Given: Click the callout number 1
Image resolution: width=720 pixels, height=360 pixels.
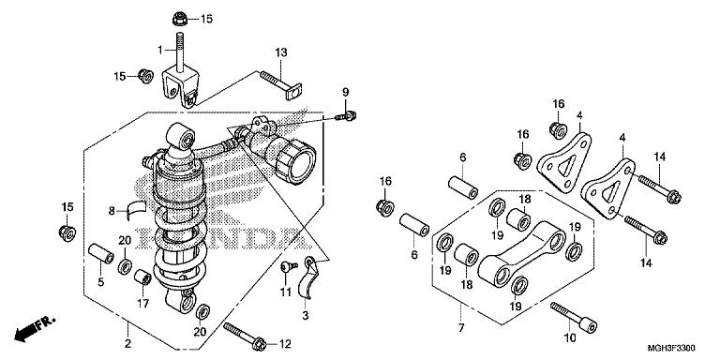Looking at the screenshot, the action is [x=160, y=50].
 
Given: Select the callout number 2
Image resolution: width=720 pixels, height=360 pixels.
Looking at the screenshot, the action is [x=128, y=343].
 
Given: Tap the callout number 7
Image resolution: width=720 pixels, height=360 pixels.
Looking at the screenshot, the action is [x=461, y=328].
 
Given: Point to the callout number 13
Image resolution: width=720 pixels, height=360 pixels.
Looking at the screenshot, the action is [x=281, y=52].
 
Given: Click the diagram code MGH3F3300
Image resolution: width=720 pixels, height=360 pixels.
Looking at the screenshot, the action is [x=671, y=348].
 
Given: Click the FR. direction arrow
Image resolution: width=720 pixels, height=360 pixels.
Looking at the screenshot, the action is [x=35, y=328].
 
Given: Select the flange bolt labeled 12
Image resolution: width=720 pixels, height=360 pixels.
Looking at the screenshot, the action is [x=245, y=336].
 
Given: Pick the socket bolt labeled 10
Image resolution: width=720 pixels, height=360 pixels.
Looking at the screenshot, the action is [x=574, y=318].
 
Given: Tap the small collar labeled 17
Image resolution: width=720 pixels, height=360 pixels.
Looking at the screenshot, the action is [x=142, y=277].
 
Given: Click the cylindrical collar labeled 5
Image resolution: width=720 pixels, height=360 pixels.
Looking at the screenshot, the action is [x=101, y=254].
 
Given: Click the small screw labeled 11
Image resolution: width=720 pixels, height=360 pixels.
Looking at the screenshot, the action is [x=290, y=265].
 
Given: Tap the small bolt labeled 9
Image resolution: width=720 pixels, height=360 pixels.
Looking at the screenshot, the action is [x=346, y=115].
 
